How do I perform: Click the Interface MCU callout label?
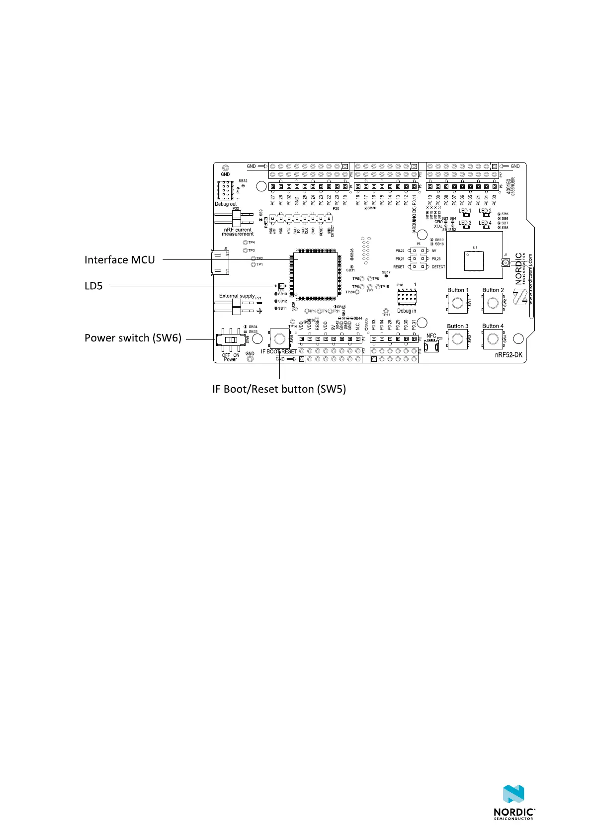click(119, 260)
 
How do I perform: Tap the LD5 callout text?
click(93, 286)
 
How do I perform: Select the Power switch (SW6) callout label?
click(133, 338)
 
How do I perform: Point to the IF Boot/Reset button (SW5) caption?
click(279, 389)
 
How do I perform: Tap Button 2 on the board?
click(493, 303)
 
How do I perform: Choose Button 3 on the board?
click(457, 339)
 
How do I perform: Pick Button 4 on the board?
click(493, 339)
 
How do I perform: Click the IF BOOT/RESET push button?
click(279, 339)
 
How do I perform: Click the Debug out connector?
click(226, 191)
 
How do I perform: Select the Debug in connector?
click(407, 298)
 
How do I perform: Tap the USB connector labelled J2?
click(220, 262)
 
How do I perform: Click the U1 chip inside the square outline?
click(474, 261)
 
